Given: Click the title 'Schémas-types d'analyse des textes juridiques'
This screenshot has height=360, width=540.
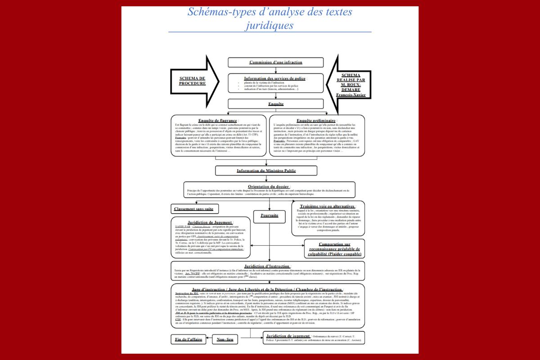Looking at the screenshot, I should [x=270, y=18].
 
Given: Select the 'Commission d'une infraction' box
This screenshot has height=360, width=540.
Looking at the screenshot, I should [x=275, y=62].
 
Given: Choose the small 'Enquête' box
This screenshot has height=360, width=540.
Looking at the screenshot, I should [x=275, y=104].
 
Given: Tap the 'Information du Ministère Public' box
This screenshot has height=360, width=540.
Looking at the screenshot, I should [x=266, y=171].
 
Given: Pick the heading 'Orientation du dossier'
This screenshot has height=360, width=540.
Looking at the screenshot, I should [x=269, y=186].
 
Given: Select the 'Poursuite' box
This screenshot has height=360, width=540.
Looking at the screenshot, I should [x=269, y=216].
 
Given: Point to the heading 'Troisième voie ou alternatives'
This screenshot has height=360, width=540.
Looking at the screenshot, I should [x=328, y=206].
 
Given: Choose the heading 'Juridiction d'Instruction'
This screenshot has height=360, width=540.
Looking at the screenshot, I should [x=267, y=266].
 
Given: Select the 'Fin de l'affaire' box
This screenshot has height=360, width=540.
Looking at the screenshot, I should [x=189, y=339].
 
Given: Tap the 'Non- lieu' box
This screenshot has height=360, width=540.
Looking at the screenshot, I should [x=225, y=339].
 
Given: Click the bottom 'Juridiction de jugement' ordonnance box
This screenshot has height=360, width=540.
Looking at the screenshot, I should [x=314, y=338].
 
